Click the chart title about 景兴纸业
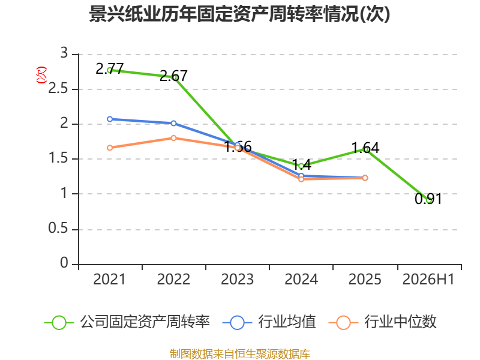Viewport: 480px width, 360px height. [x=239, y=14]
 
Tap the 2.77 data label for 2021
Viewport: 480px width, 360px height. [x=110, y=68]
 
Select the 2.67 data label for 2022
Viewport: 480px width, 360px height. [x=173, y=76]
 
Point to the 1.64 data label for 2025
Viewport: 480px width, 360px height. [x=365, y=148]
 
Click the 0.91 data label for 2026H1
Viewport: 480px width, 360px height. [x=428, y=199]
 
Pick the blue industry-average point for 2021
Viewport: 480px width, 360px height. [x=110, y=119]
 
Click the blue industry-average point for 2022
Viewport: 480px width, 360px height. [x=173, y=124]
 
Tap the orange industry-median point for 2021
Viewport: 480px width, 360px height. [x=110, y=148]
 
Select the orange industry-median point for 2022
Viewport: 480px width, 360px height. [x=173, y=138]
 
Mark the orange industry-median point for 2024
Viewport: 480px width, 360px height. [x=301, y=179]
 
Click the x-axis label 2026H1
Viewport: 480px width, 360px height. [x=428, y=280]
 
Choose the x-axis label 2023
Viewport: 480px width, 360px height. [x=237, y=280]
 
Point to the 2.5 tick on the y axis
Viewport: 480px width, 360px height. [x=58, y=88]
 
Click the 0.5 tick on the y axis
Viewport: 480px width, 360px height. [x=58, y=229]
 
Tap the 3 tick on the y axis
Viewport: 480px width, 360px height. [x=64, y=53]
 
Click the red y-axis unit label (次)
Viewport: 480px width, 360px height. [x=41, y=75]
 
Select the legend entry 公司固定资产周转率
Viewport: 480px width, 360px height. [x=127, y=322]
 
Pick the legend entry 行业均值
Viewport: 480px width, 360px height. [x=269, y=322]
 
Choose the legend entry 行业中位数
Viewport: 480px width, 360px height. [x=382, y=322]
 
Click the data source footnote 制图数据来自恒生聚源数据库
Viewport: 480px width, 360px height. [x=240, y=354]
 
